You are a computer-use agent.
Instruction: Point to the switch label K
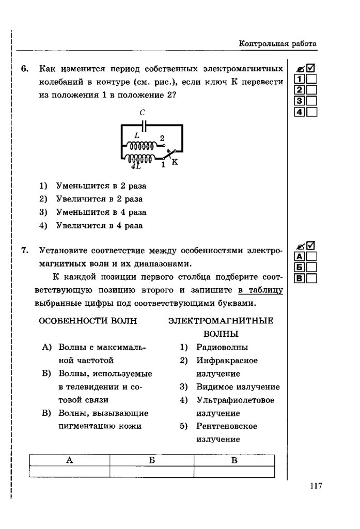pyautogui.click(x=174, y=162)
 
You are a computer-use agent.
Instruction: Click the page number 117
pyautogui.click(x=316, y=486)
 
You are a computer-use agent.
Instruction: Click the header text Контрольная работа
pyautogui.click(x=277, y=44)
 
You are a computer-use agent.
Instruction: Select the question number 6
pyautogui.click(x=25, y=69)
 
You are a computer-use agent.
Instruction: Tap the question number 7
pyautogui.click(x=25, y=251)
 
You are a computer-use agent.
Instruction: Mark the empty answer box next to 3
pyautogui.click(x=312, y=101)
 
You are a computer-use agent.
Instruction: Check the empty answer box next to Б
pyautogui.click(x=311, y=267)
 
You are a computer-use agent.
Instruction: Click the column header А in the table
pyautogui.click(x=69, y=460)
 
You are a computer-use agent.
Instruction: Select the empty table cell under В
pyautogui.click(x=234, y=472)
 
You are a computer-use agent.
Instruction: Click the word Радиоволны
pyautogui.click(x=222, y=347)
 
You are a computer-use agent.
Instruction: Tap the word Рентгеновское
pyautogui.click(x=227, y=426)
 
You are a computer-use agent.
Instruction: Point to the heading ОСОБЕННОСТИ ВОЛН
pyautogui.click(x=88, y=321)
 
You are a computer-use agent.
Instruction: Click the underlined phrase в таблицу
pyautogui.click(x=260, y=289)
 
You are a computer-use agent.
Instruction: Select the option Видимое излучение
pyautogui.click(x=238, y=387)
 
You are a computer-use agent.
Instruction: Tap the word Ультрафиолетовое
pyautogui.click(x=236, y=400)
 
